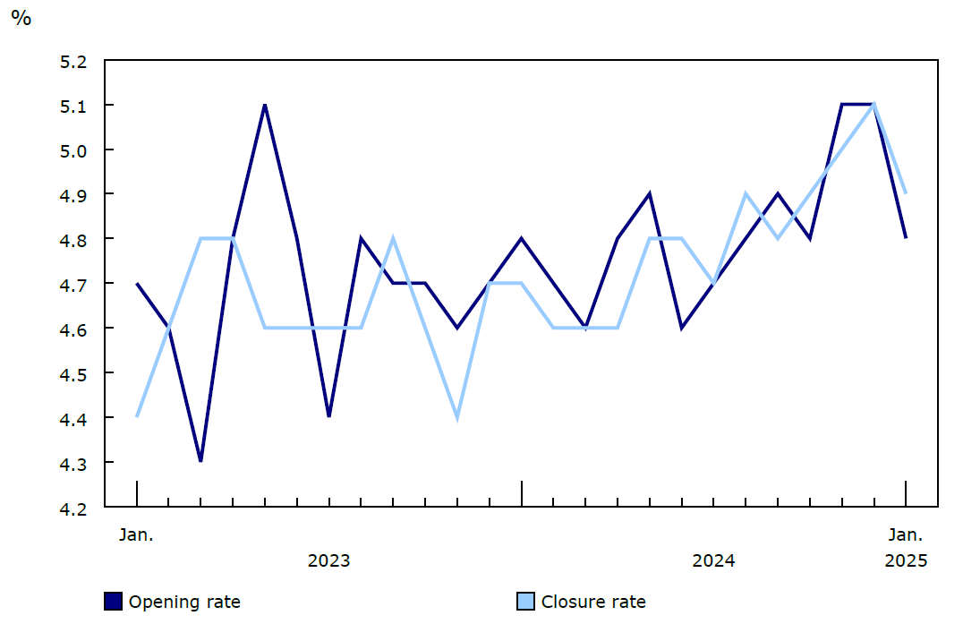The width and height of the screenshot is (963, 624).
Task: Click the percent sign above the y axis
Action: click(x=21, y=19)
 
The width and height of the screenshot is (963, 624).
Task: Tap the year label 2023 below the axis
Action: click(x=329, y=561)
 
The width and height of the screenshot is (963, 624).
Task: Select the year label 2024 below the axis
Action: click(x=713, y=561)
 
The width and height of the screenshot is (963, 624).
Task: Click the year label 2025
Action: click(x=906, y=561)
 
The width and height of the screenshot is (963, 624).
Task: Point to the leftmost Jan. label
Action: click(x=137, y=535)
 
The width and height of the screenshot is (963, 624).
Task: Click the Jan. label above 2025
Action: click(x=906, y=535)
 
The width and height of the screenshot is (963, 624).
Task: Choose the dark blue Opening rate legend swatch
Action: click(x=113, y=602)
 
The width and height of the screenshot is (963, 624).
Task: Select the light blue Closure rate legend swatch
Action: click(x=525, y=602)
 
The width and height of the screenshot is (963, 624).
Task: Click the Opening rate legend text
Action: click(x=184, y=602)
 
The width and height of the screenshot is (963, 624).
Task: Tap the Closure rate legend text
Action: click(x=593, y=602)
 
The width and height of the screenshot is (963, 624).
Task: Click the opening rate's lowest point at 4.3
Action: click(x=200, y=461)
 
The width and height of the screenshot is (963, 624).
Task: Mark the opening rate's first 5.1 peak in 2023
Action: click(x=265, y=106)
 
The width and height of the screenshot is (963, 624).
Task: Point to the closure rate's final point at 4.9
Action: click(x=906, y=193)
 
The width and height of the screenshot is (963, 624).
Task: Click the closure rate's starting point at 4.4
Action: click(x=137, y=416)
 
